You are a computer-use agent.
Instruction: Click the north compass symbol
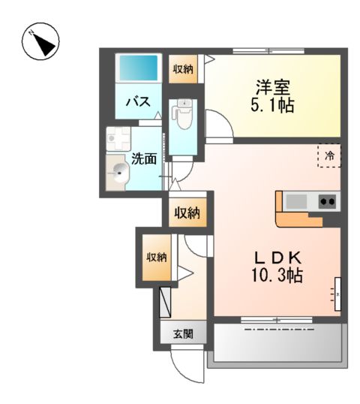pyautogui.click(x=40, y=42)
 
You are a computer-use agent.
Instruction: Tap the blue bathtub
pyautogui.click(x=137, y=68)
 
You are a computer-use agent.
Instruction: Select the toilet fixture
pyautogui.click(x=180, y=113)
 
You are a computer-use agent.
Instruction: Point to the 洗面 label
pyautogui.click(x=144, y=158)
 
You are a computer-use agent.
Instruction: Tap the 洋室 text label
pyautogui.click(x=271, y=87)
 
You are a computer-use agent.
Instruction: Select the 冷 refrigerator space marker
pyautogui.click(x=329, y=155)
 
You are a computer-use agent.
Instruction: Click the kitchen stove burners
pyautogui.click(x=326, y=200)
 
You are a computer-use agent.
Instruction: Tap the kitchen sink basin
pyautogui.click(x=296, y=200)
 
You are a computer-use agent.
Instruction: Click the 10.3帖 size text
pyautogui.click(x=277, y=276)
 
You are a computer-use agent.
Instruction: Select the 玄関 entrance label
pyautogui.click(x=184, y=333)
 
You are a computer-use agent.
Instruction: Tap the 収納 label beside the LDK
pyautogui.click(x=187, y=213)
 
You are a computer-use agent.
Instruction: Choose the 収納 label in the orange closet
pyautogui.click(x=157, y=258)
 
